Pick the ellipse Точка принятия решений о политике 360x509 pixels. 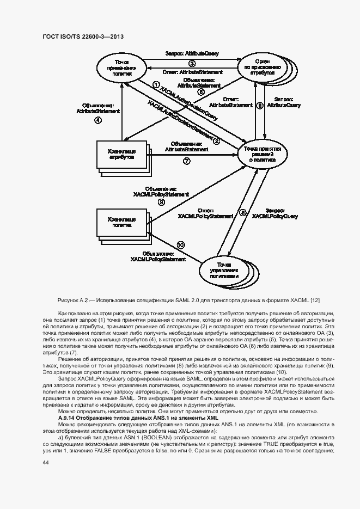(262, 155)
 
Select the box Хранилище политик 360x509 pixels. (122, 220)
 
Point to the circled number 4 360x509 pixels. (98, 121)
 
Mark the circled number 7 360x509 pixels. (187, 161)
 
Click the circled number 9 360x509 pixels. (161, 202)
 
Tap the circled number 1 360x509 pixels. (156, 85)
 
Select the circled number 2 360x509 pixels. (216, 141)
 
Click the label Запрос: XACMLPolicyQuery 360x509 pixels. (275, 213)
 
